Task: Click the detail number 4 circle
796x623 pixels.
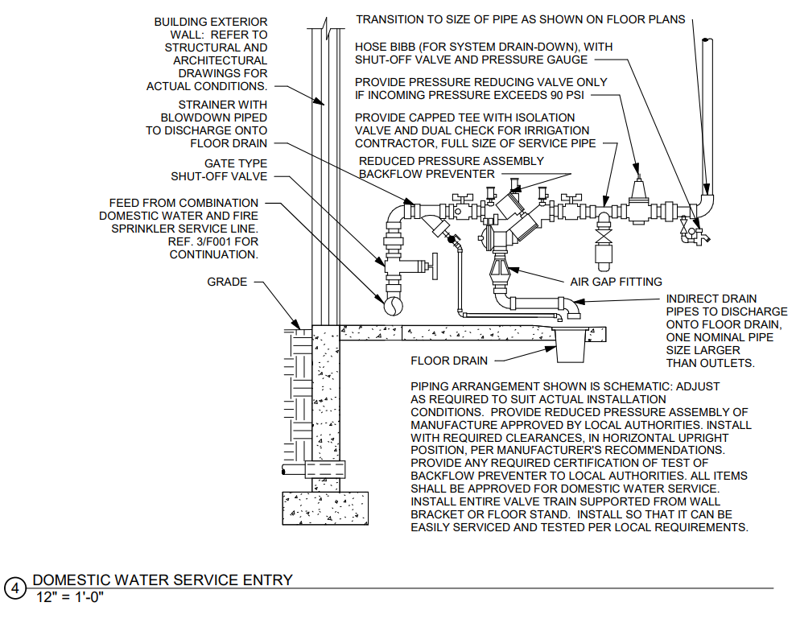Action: click(15, 588)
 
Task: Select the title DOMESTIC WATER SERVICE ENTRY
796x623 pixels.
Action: click(163, 580)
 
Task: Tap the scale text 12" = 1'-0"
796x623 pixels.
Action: click(69, 597)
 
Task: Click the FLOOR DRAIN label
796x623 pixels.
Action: click(449, 361)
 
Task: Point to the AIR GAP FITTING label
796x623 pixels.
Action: click(616, 282)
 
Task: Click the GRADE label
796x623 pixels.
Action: click(227, 282)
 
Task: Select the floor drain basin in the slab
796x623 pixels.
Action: click(571, 345)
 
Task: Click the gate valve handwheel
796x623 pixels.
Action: click(434, 266)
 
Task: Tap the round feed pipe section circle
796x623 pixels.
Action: click(393, 305)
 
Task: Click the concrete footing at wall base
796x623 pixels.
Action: click(325, 508)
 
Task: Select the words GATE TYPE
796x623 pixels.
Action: click(236, 163)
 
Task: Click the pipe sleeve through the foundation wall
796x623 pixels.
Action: click(325, 469)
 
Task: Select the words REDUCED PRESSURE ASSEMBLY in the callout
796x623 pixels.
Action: click(452, 161)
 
